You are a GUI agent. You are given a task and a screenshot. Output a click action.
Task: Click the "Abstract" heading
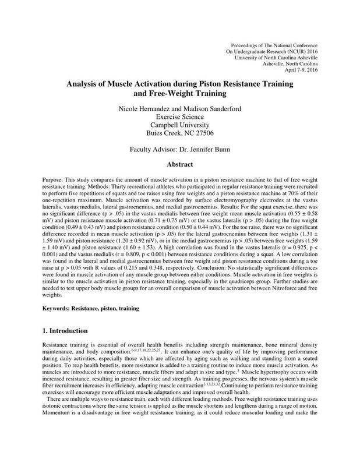(179, 165)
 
